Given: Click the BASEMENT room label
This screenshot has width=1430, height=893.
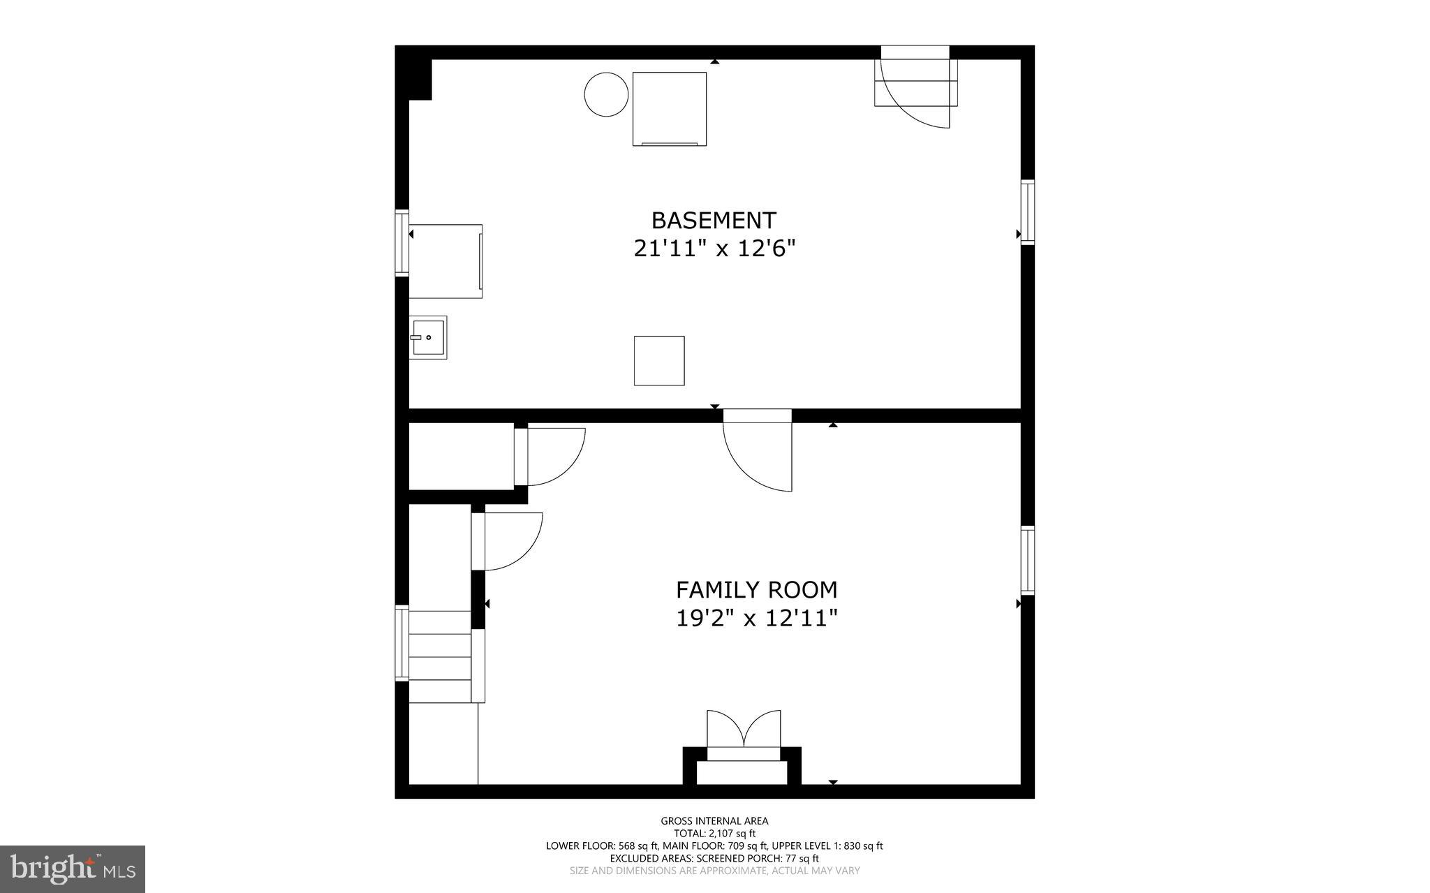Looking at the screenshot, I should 714,221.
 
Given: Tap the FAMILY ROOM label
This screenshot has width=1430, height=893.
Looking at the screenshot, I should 756,590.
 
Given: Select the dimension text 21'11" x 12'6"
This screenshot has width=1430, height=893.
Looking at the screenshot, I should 714,249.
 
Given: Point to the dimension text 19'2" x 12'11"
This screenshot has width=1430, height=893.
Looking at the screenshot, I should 756,618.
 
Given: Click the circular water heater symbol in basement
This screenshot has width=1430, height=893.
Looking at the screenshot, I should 606,94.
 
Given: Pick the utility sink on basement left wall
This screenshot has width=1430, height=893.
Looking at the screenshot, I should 428,337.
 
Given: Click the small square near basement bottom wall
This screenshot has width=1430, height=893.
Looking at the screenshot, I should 658,360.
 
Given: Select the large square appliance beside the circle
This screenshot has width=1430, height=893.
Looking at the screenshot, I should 669,109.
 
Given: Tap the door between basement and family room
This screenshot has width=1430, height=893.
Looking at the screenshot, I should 758,450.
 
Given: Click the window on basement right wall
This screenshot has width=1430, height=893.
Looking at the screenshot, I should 1027,212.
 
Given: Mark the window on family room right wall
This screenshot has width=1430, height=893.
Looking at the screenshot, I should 1027,559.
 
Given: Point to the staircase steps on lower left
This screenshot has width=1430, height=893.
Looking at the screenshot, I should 440,656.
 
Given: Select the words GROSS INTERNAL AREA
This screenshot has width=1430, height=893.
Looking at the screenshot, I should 714,821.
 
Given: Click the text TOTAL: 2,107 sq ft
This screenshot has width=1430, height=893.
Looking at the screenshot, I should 714,834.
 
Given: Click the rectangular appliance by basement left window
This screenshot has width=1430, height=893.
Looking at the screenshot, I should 445,261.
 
